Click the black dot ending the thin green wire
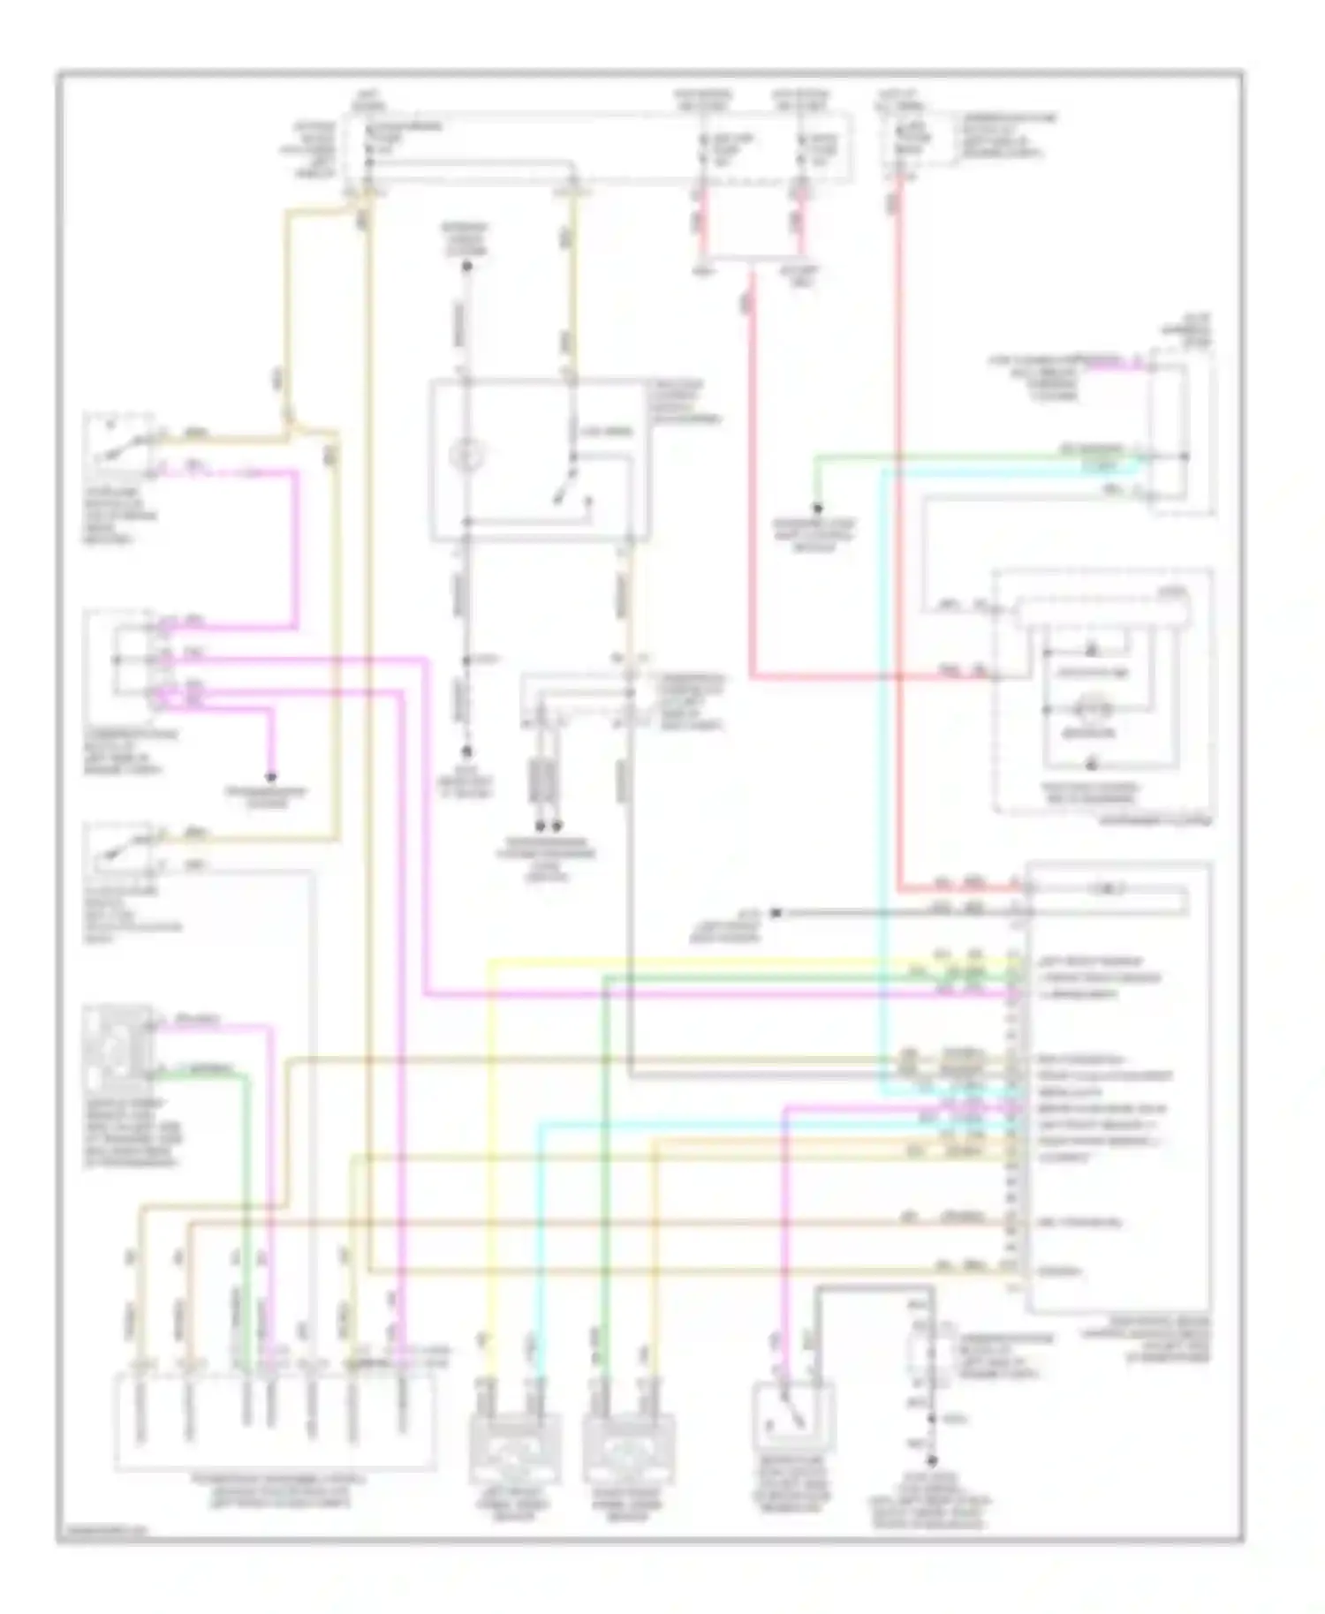[818, 509]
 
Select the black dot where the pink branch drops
[271, 777]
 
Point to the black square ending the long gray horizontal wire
[776, 913]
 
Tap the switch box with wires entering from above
[792, 1418]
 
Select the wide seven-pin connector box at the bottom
[274, 1422]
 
